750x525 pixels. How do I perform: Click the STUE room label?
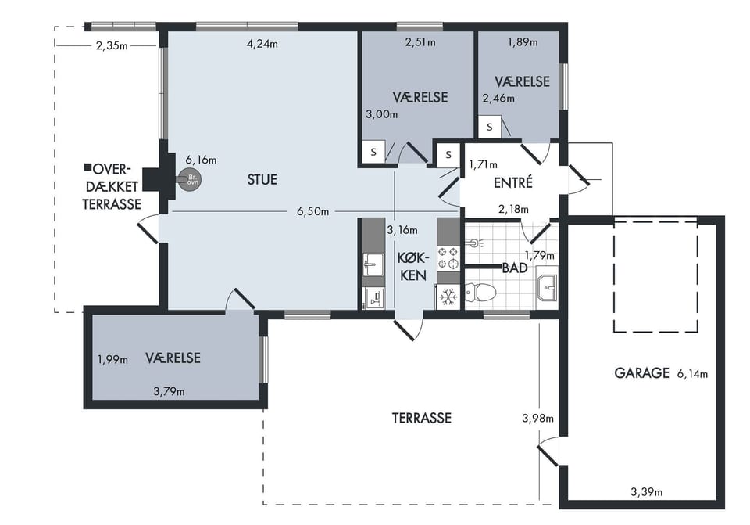[x=262, y=180]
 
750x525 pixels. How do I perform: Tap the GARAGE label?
[x=641, y=372]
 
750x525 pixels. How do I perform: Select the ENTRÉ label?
[x=512, y=182]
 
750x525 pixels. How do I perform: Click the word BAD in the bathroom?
[x=515, y=268]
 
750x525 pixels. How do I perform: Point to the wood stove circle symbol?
[x=191, y=180]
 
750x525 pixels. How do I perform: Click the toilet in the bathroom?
[x=480, y=292]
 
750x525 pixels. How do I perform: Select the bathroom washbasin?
[x=547, y=287]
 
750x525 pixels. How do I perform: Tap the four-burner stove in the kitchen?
[x=448, y=257]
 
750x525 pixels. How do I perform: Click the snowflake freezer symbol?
[x=448, y=297]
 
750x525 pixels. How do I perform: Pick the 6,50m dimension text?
[x=312, y=211]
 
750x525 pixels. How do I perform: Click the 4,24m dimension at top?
[x=262, y=44]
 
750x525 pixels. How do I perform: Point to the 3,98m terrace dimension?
[x=537, y=419]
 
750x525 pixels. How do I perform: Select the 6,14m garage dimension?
[x=692, y=374]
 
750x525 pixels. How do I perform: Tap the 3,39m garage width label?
[x=647, y=492]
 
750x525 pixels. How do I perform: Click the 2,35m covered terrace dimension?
[x=112, y=46]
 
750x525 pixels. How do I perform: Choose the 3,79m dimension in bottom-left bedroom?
[x=169, y=392]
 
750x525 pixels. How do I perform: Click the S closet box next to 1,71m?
[x=448, y=155]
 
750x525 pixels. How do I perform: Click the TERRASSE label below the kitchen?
[x=421, y=418]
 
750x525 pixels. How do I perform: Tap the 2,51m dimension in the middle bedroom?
[x=420, y=42]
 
